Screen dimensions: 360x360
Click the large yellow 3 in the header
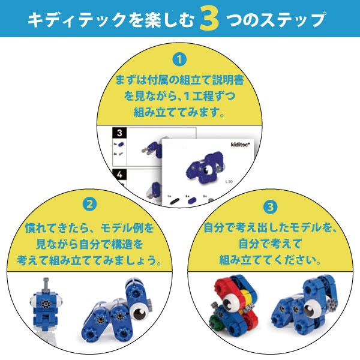pos(209,19)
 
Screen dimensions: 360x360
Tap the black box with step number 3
pos(119,133)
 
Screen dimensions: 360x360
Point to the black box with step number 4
pos(119,175)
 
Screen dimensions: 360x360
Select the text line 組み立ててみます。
pos(180,112)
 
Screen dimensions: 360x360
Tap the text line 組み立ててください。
pos(271,260)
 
